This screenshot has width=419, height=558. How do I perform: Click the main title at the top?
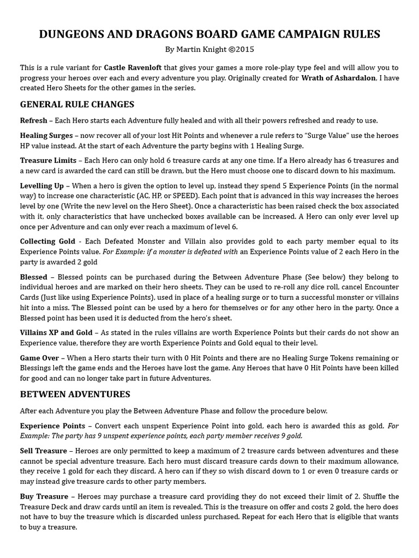[x=209, y=34]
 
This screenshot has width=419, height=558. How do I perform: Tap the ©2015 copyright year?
[x=241, y=50]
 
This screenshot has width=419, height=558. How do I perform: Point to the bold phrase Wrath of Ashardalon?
[x=338, y=78]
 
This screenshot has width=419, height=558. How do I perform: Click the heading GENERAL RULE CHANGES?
[x=77, y=104]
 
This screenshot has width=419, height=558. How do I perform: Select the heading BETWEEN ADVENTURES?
[x=75, y=394]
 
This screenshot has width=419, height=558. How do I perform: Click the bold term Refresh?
[x=33, y=120]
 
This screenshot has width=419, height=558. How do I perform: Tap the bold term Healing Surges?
[x=46, y=136]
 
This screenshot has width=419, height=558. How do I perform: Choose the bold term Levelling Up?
[x=42, y=186]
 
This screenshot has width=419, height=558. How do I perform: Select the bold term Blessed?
[x=33, y=277]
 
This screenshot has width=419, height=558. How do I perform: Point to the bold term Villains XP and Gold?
[x=57, y=332]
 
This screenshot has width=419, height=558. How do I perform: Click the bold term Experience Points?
[x=52, y=426]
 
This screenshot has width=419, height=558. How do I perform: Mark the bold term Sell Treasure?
[x=43, y=451]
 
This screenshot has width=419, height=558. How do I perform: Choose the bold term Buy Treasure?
[x=44, y=496]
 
